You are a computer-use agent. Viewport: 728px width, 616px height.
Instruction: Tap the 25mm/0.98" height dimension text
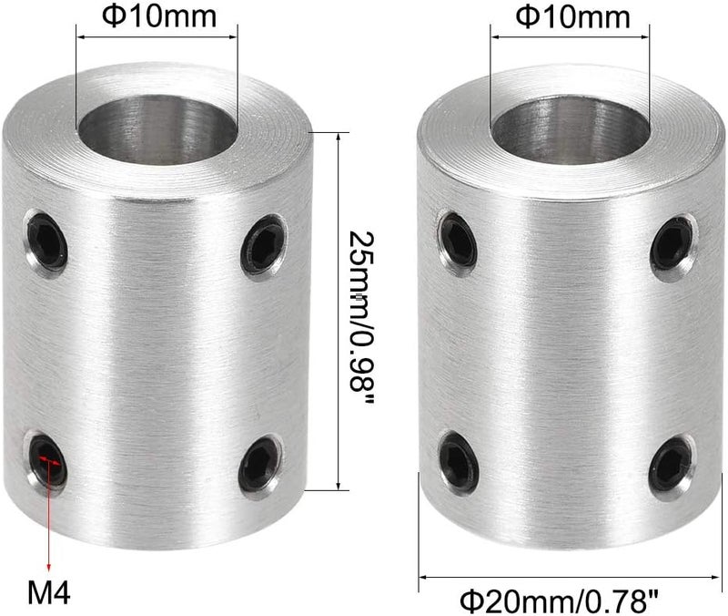click(x=360, y=308)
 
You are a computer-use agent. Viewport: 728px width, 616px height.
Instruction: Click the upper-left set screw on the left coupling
click(x=46, y=240)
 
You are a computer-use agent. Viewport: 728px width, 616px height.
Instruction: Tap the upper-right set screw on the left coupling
click(x=264, y=242)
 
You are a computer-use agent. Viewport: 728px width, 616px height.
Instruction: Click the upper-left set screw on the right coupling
click(x=459, y=240)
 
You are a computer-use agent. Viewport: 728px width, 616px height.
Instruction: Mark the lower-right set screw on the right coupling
click(x=672, y=463)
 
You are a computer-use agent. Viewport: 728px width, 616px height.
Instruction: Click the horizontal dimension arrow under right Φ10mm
click(x=570, y=37)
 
